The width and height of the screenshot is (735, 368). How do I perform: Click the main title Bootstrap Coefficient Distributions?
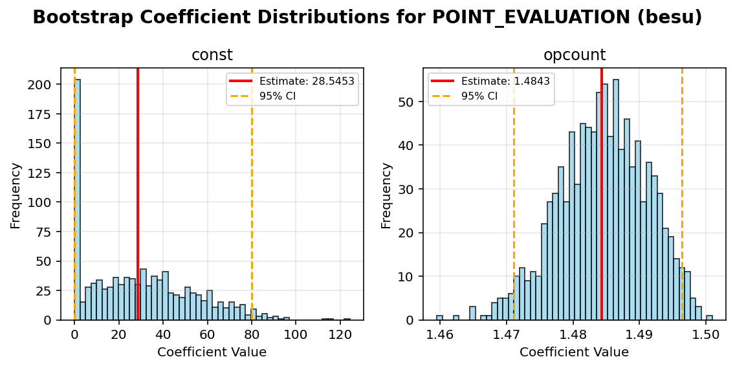pyautogui.click(x=367, y=17)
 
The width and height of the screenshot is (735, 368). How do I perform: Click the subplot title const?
pyautogui.click(x=212, y=56)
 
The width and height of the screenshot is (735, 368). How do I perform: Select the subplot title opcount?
pyautogui.click(x=574, y=56)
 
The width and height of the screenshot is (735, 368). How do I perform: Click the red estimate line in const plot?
pyautogui.click(x=138, y=194)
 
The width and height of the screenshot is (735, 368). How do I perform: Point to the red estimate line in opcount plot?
pyautogui.click(x=601, y=194)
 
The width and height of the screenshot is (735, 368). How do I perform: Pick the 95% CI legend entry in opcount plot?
pyautogui.click(x=479, y=96)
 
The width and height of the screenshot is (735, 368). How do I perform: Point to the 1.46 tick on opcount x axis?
pyautogui.click(x=440, y=335)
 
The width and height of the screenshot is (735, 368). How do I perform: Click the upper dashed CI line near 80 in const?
pyautogui.click(x=252, y=194)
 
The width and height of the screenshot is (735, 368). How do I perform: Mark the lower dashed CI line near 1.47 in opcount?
pyautogui.click(x=514, y=194)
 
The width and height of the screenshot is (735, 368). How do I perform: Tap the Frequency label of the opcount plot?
pyautogui.click(x=386, y=195)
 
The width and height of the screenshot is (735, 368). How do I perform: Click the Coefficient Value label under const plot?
pyautogui.click(x=212, y=352)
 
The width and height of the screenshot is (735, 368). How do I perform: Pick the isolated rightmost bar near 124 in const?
pyautogui.click(x=347, y=319)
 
